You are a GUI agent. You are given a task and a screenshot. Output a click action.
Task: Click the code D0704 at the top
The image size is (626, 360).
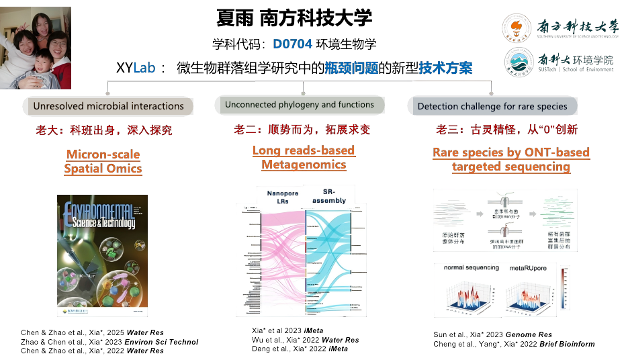pyautogui.click(x=292, y=44)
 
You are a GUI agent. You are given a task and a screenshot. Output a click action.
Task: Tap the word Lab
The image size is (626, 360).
pyautogui.click(x=144, y=67)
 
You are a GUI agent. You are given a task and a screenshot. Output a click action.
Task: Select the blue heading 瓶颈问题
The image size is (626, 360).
pyautogui.click(x=351, y=68)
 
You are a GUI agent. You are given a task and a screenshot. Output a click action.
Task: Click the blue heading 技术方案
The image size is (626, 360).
pyautogui.click(x=445, y=68)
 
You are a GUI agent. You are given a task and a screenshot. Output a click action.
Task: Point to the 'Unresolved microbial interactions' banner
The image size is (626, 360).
pyautogui.click(x=108, y=106)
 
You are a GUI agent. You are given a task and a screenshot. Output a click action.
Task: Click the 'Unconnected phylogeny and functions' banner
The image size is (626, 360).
pyautogui.click(x=300, y=105)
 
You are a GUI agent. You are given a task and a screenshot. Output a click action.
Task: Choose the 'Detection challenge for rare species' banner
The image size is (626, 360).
pyautogui.click(x=492, y=106)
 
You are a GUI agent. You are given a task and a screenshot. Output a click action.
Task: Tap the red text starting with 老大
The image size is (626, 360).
pyautogui.click(x=104, y=130)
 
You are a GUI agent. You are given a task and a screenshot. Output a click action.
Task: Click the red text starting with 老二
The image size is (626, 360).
pyautogui.click(x=302, y=130)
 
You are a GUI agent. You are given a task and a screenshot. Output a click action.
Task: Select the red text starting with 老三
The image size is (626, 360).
pyautogui.click(x=506, y=130)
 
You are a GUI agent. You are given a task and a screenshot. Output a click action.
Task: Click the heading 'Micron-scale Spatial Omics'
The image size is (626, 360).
pyautogui.click(x=103, y=162)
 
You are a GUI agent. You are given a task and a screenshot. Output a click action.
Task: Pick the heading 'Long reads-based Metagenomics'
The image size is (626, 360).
pyautogui.click(x=304, y=158)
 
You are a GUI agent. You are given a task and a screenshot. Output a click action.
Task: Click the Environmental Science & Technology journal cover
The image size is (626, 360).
pyautogui.click(x=102, y=255)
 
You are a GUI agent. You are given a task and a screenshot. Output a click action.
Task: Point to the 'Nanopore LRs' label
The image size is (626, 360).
pyautogui.click(x=282, y=197)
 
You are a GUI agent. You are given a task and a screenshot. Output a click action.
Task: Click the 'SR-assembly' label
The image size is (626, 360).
pyautogui.click(x=329, y=196)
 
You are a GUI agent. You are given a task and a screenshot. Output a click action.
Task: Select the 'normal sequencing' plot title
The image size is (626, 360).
pyautogui.click(x=471, y=268)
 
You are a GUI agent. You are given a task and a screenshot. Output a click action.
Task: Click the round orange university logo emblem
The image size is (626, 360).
pyautogui.click(x=517, y=28)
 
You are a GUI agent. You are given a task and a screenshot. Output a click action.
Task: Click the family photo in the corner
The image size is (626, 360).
pyautogui.click(x=36, y=48)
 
